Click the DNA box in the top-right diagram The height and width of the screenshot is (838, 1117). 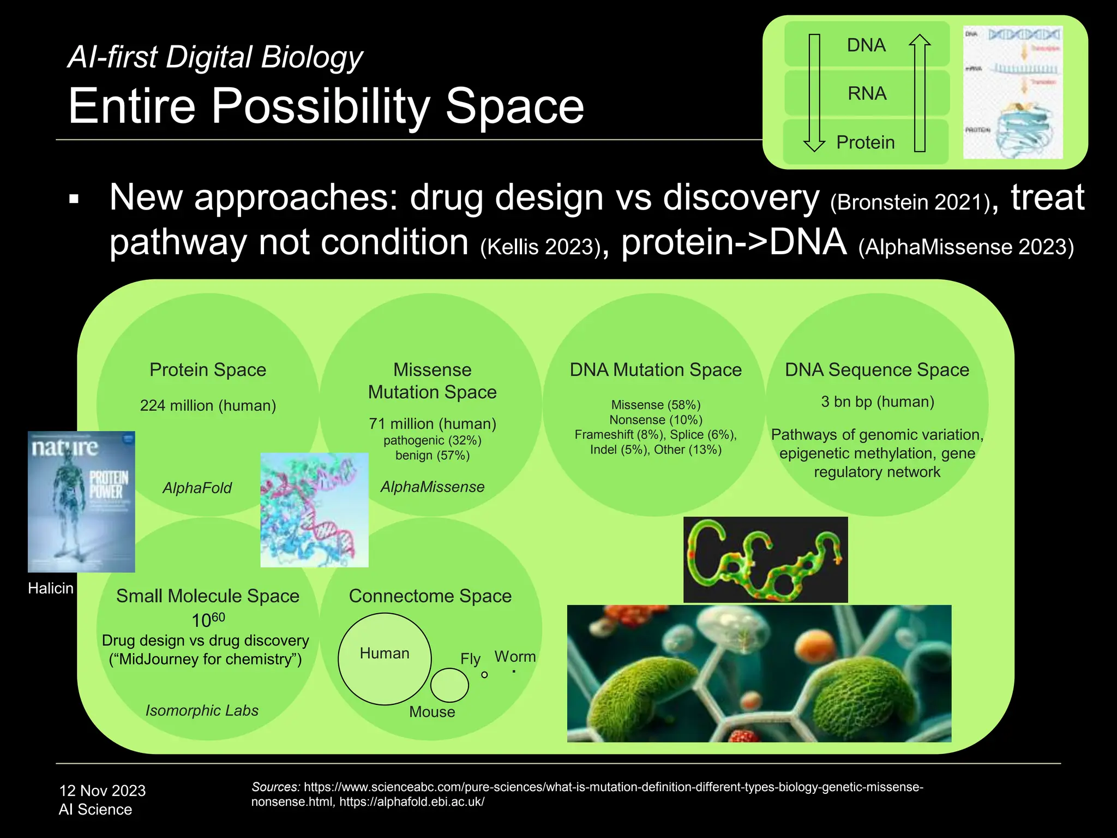(x=866, y=45)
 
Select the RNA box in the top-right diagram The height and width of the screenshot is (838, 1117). (x=866, y=93)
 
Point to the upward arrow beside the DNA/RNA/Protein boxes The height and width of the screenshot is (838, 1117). (x=920, y=93)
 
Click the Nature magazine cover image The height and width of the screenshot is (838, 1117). (x=81, y=501)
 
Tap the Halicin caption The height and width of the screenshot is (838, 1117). (x=51, y=588)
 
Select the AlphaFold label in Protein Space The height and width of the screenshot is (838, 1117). (x=197, y=488)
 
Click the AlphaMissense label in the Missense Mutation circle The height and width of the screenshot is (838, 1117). (x=432, y=487)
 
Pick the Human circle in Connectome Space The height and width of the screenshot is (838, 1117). (x=385, y=659)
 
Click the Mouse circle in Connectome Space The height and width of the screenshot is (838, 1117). (x=449, y=685)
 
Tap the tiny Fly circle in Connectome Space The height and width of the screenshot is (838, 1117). (x=484, y=675)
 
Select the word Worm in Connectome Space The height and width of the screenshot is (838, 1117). (x=515, y=656)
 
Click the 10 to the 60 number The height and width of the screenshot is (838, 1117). (x=208, y=620)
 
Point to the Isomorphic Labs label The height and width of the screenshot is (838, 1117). (x=202, y=710)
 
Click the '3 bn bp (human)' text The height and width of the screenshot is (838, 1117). (x=877, y=402)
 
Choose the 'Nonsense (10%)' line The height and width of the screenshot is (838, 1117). (x=656, y=420)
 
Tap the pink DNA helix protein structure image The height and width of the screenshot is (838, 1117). (x=314, y=510)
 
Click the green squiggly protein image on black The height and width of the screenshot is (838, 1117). (x=765, y=560)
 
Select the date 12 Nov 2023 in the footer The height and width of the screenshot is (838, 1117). (x=102, y=791)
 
